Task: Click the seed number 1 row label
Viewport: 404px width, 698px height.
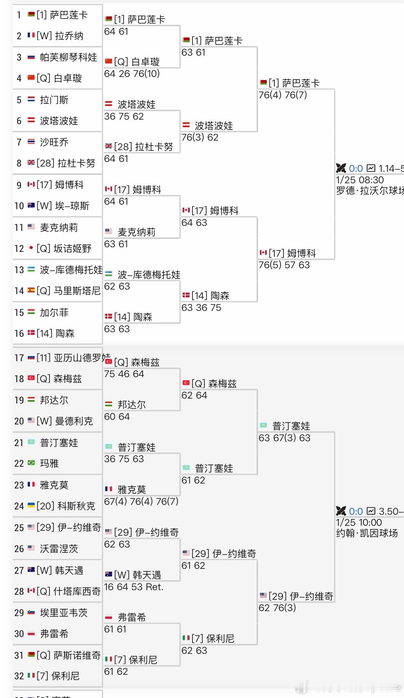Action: coord(19,15)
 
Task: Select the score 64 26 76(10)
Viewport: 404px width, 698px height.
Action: coord(132,74)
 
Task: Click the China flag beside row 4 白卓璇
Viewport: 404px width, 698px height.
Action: coord(31,78)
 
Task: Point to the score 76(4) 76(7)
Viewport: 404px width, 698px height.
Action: coord(283,95)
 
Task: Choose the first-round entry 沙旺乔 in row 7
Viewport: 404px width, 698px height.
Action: coord(54,142)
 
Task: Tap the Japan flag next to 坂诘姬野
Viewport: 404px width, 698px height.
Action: coord(31,248)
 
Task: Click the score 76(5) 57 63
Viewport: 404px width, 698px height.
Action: coord(284,265)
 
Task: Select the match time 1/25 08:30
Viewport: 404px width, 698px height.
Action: coord(360,180)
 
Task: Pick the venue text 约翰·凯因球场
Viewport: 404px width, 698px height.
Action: coord(367,533)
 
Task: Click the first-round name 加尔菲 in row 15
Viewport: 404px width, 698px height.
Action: coord(54,312)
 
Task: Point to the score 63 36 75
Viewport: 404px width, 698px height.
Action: coord(201,307)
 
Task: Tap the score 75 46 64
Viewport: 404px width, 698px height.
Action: coord(124,374)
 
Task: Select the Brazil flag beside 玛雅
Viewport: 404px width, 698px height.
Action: coord(31,463)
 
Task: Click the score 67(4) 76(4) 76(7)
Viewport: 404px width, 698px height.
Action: coord(141,501)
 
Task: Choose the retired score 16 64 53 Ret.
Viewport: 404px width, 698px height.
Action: coord(134,587)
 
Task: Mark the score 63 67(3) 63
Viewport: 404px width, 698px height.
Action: coord(284,438)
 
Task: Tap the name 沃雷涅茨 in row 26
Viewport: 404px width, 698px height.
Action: coord(59,549)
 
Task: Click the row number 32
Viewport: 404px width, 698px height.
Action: coord(19,676)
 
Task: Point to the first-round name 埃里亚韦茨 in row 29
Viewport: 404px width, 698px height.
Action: coord(64,613)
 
